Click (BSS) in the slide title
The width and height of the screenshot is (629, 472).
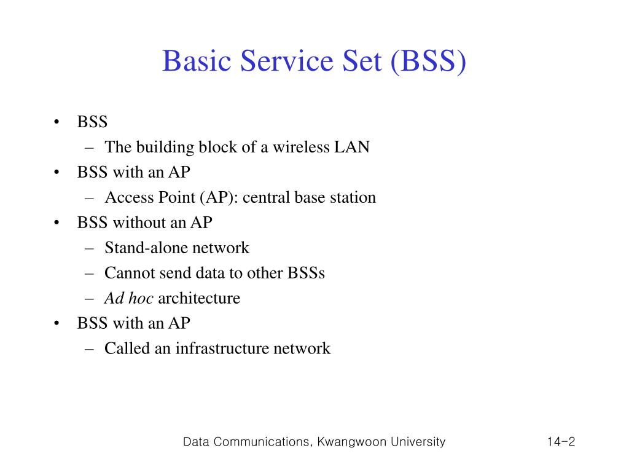428,62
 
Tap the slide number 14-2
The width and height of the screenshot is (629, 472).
561,442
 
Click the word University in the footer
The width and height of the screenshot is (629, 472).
416,442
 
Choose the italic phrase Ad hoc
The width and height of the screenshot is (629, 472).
129,299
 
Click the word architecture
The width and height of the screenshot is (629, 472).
199,299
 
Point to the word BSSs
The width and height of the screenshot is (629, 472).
305,273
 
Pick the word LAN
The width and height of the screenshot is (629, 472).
351,147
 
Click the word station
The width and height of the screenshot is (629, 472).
353,198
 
